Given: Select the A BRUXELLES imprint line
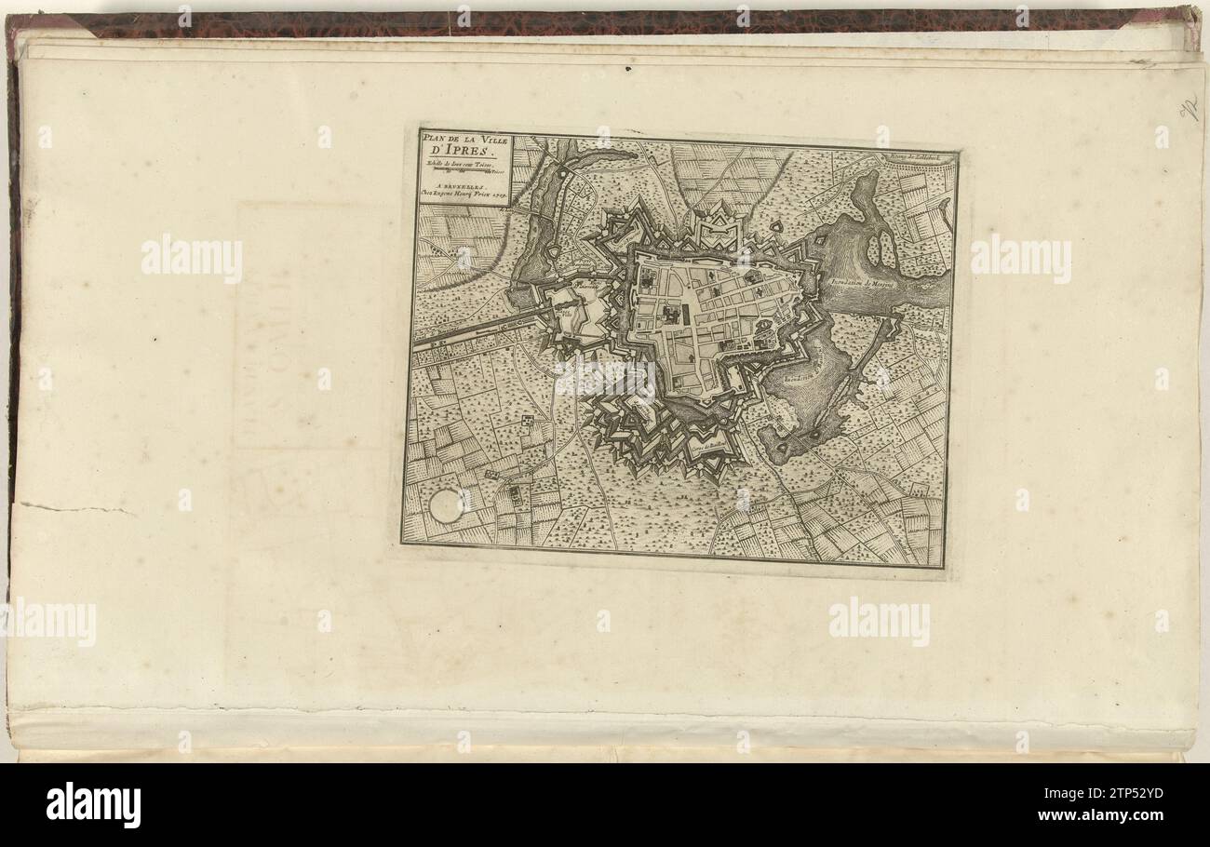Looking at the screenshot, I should (x=456, y=185).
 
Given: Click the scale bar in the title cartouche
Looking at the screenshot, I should (x=463, y=171).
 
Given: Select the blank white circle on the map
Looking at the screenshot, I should (x=446, y=505).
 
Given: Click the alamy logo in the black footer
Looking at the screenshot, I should (x=94, y=805).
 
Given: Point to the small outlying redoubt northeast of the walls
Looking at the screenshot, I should (x=775, y=227).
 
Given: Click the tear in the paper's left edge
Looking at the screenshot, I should (x=74, y=508).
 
